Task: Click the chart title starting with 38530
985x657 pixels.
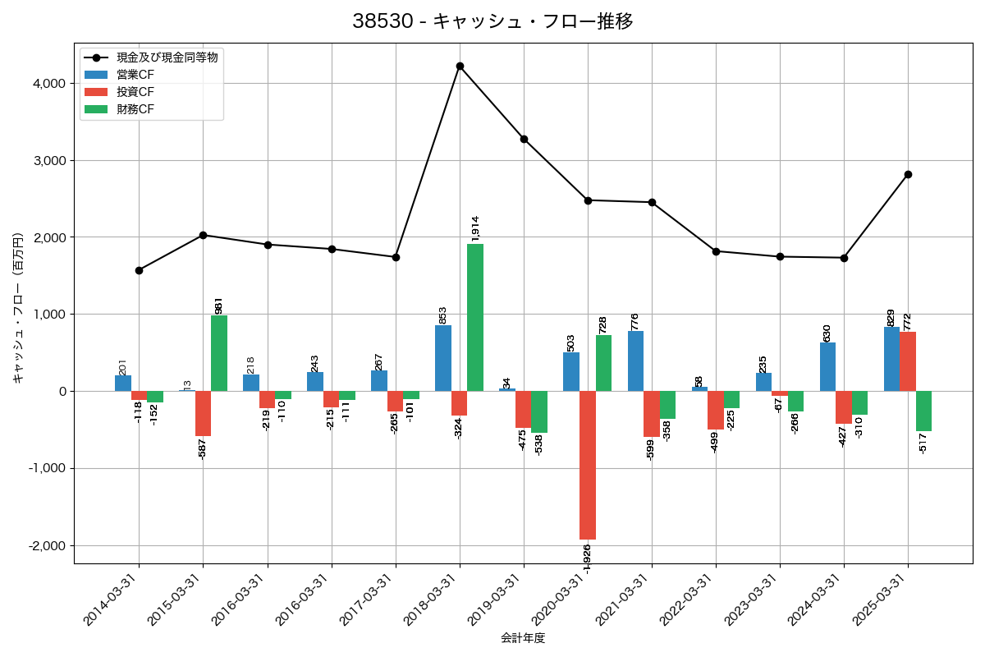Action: pyautogui.click(x=492, y=21)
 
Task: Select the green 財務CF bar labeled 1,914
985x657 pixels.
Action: pyautogui.click(x=475, y=317)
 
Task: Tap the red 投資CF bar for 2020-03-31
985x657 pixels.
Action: pyautogui.click(x=588, y=465)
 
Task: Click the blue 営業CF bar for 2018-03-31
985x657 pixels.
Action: pyautogui.click(x=443, y=358)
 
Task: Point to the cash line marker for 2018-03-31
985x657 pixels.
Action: pyautogui.click(x=460, y=66)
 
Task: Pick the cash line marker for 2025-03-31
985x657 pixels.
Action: pyautogui.click(x=908, y=174)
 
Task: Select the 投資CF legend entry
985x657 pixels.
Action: pyautogui.click(x=135, y=91)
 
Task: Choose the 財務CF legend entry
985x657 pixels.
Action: pyautogui.click(x=135, y=108)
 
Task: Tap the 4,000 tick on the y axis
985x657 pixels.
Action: pyautogui.click(x=48, y=84)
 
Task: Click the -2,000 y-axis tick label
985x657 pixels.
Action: pyautogui.click(x=46, y=545)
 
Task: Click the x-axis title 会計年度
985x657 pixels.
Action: pyautogui.click(x=523, y=638)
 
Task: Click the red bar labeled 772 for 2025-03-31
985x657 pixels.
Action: pyautogui.click(x=908, y=361)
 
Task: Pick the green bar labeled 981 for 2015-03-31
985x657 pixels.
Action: pyautogui.click(x=219, y=353)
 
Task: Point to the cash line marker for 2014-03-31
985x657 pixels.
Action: pyautogui.click(x=139, y=270)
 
